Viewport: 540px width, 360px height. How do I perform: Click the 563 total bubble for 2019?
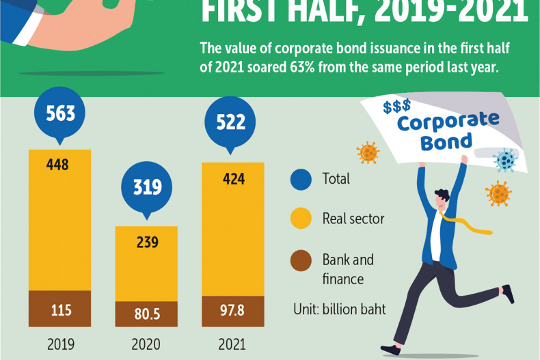59,113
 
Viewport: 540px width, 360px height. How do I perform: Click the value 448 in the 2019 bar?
59,165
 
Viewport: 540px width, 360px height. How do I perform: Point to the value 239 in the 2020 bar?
146,242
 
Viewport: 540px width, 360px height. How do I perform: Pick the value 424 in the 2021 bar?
232,180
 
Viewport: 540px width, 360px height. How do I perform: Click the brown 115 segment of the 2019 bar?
59,309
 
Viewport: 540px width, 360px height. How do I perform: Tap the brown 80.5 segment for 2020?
146,314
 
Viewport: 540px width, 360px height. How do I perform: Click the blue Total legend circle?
301,179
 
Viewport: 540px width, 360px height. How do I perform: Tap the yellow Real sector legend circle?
301,219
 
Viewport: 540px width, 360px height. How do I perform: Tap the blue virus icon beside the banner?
506,160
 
